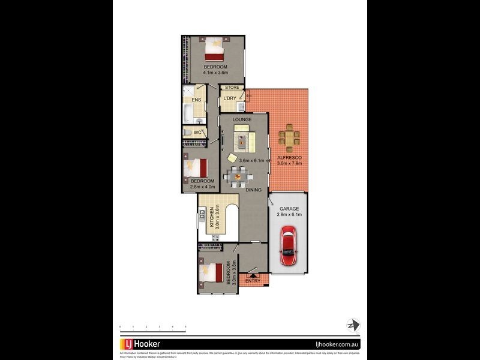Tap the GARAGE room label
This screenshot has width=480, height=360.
289,209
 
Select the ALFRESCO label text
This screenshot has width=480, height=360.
289,157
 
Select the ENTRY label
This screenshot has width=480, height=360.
253,280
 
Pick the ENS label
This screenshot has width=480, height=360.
196,100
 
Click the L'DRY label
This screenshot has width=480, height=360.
229,98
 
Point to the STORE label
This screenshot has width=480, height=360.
232,88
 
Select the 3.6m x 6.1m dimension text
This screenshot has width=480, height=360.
252,161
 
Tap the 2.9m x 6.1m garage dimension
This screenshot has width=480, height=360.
289,214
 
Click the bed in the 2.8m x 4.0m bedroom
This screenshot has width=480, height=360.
197,166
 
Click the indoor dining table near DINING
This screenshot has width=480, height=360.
238,176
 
